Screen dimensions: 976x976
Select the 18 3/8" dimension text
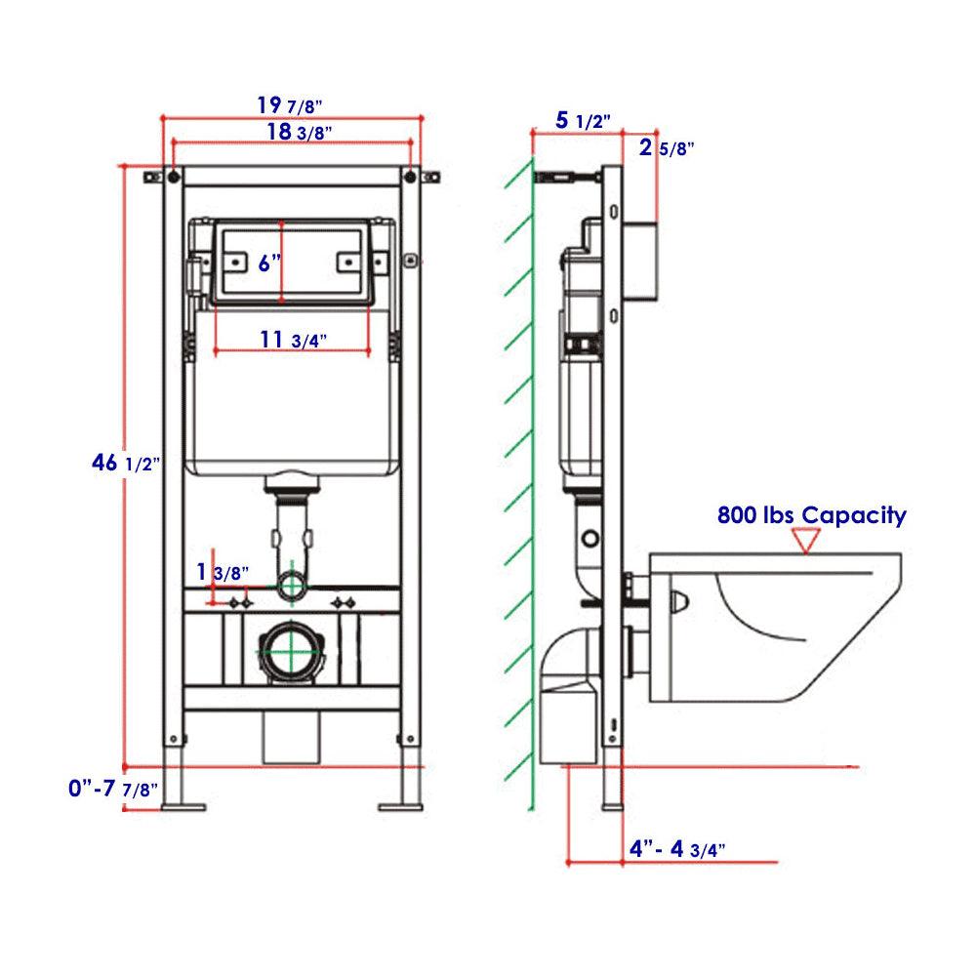pyautogui.click(x=291, y=132)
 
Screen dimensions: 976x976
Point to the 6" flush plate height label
pyautogui.click(x=268, y=262)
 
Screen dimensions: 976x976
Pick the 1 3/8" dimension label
pyautogui.click(x=223, y=571)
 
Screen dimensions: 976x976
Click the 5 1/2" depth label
pyautogui.click(x=583, y=121)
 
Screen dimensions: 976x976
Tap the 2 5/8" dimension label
pyautogui.click(x=666, y=148)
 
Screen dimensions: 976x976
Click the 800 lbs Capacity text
pyautogui.click(x=811, y=515)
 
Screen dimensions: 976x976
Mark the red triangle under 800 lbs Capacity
pyautogui.click(x=804, y=540)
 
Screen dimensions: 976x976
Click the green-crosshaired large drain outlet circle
pyautogui.click(x=291, y=651)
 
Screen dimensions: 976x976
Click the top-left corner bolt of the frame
pyautogui.click(x=173, y=178)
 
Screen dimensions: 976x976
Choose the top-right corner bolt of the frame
pyautogui.click(x=410, y=178)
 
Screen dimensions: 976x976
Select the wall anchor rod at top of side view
pyautogui.click(x=566, y=178)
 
